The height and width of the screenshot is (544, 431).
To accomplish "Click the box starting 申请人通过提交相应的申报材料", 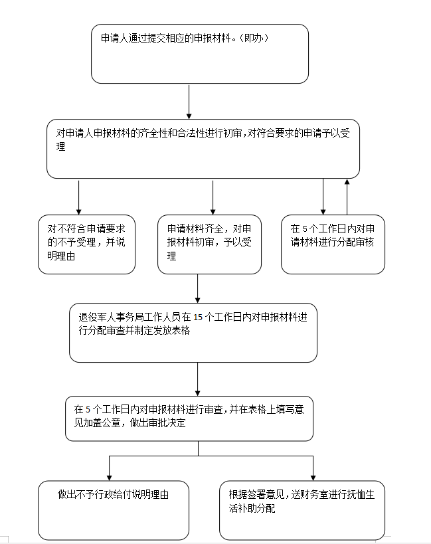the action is click(200, 54).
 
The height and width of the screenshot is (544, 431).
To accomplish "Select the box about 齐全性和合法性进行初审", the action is click(203, 149).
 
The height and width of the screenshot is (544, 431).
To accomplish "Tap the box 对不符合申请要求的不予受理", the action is click(87, 244).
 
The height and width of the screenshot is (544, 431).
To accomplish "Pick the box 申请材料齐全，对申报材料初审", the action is click(209, 244).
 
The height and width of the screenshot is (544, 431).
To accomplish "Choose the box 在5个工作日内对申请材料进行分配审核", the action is click(333, 244).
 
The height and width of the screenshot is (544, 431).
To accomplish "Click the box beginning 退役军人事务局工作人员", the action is click(193, 333).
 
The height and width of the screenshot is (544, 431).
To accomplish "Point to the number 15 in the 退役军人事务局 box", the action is click(198, 317).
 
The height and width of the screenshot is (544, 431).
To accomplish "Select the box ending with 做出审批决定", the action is click(189, 418).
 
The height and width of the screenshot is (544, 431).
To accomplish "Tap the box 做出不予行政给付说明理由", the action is click(114, 510).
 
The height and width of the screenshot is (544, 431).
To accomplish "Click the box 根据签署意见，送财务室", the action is click(302, 510).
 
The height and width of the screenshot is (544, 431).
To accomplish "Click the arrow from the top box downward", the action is click(189, 102).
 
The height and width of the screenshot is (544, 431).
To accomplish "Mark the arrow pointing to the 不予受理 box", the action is click(79, 197).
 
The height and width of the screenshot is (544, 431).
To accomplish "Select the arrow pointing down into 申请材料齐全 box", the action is click(213, 197).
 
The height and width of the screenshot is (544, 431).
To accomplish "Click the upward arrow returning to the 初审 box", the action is click(347, 197).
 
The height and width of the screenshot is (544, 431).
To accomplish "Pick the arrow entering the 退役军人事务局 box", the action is click(198, 289).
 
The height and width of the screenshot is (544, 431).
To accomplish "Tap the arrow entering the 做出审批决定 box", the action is click(198, 379).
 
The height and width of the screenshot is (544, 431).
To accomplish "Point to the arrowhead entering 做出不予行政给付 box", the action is click(109, 478).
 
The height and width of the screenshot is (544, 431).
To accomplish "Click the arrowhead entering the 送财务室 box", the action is click(313, 478).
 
